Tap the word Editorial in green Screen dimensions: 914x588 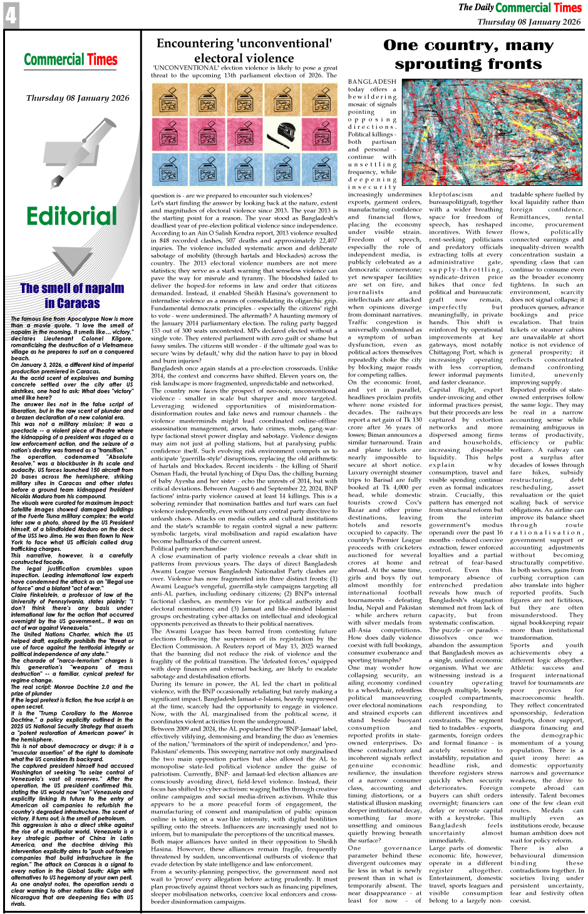click(71, 217)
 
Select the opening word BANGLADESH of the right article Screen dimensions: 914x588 click(372, 82)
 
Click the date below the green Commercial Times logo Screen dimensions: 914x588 click(78, 98)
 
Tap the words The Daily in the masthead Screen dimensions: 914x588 click(476, 8)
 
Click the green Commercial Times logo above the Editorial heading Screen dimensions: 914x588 click(71, 60)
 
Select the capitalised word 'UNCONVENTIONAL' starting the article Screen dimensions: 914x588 click(182, 68)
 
